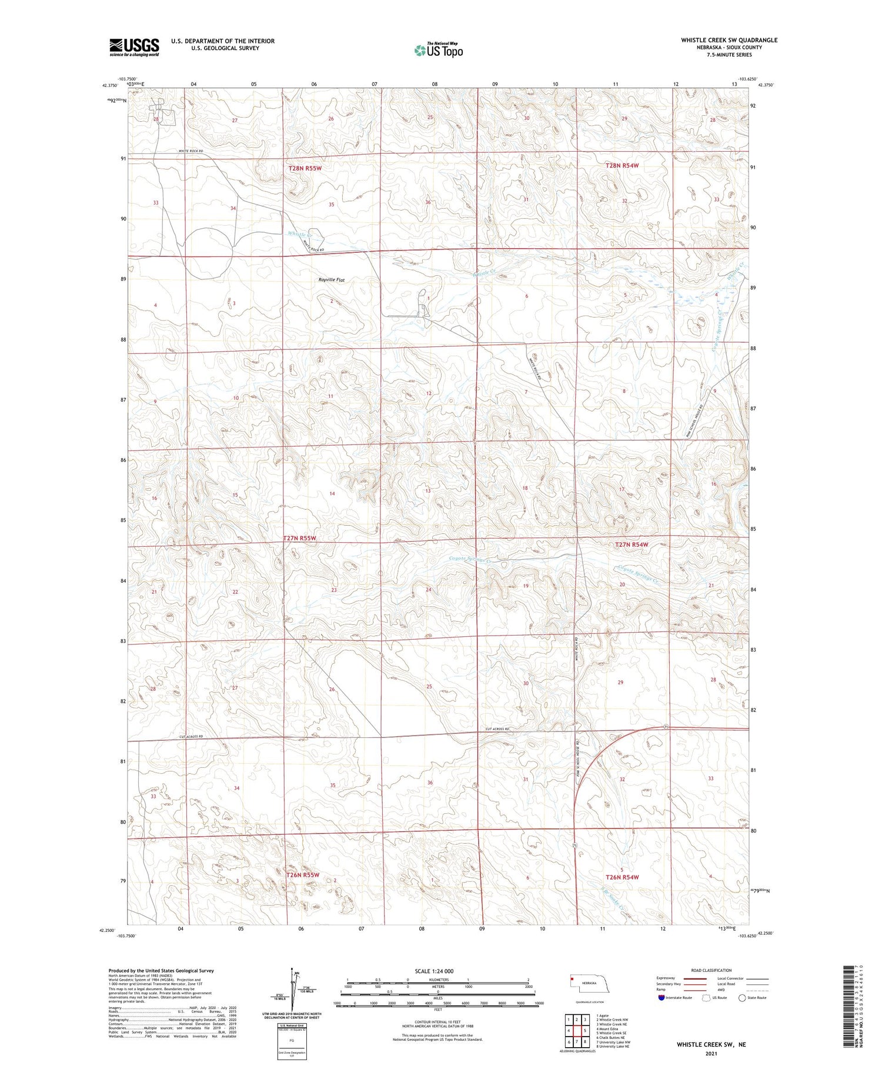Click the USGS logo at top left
pyautogui.click(x=134, y=47)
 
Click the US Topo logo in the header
pyautogui.click(x=438, y=50)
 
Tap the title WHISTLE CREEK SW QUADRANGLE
pyautogui.click(x=729, y=40)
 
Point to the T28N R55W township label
pyautogui.click(x=305, y=168)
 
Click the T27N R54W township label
pyautogui.click(x=632, y=544)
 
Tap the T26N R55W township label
pyautogui.click(x=303, y=875)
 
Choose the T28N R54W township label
pyautogui.click(x=622, y=166)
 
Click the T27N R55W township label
pyautogui.click(x=299, y=538)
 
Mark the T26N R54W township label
pyautogui.click(x=622, y=877)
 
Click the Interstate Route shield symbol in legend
pyautogui.click(x=661, y=997)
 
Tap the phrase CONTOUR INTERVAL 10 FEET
pyautogui.click(x=437, y=1022)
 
